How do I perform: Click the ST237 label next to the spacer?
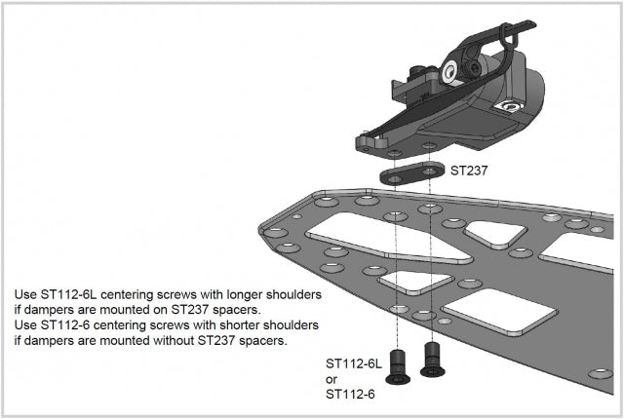[468, 169]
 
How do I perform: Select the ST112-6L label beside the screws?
[352, 363]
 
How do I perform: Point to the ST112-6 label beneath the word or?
[349, 395]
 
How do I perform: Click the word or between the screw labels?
[331, 379]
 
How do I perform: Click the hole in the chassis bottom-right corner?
[602, 374]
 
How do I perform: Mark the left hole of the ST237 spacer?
[397, 178]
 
